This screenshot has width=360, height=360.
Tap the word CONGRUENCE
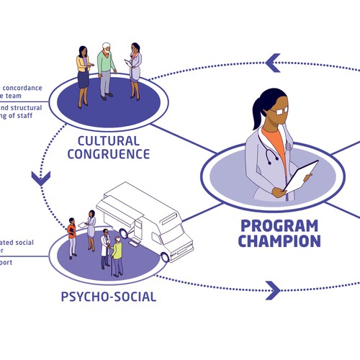[116, 153]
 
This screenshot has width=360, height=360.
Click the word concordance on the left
[26, 88]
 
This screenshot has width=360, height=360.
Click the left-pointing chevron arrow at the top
[273, 63]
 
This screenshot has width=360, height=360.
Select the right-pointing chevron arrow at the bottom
[273, 290]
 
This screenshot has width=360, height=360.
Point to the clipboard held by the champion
[301, 176]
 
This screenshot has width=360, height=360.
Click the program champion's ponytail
[256, 114]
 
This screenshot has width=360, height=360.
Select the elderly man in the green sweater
[107, 69]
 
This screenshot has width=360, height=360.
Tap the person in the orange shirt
[72, 234]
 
